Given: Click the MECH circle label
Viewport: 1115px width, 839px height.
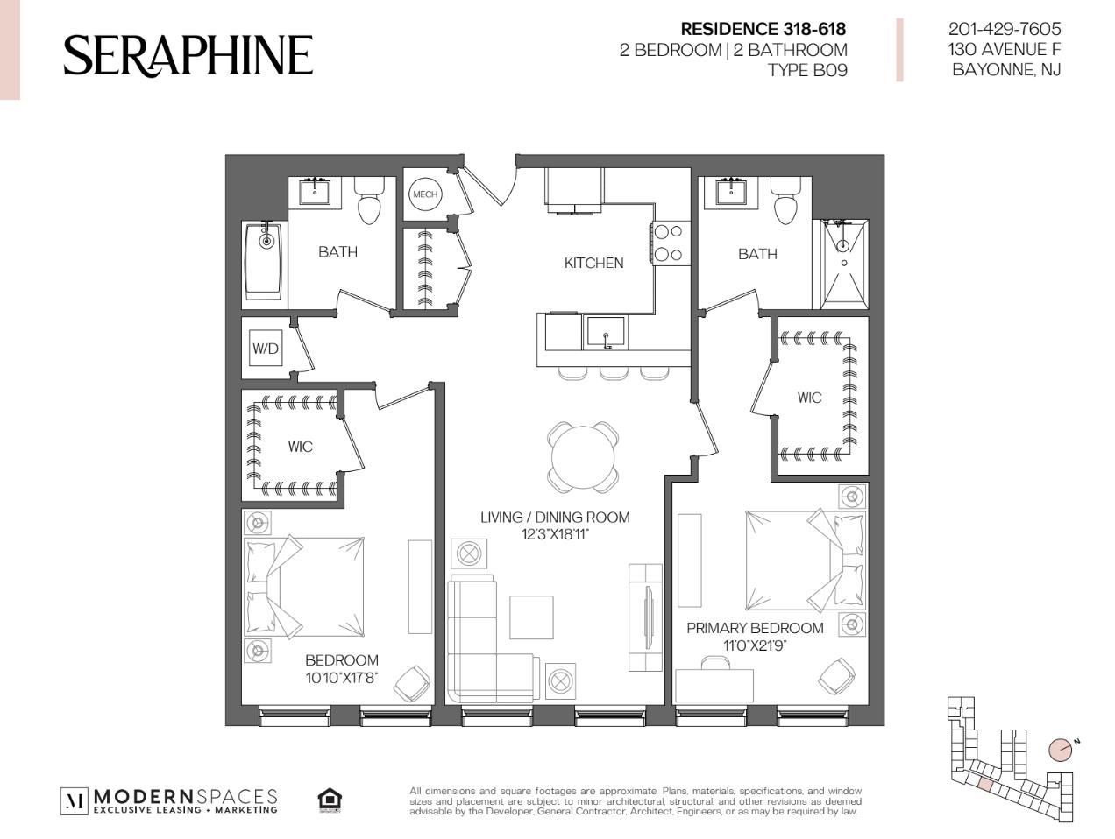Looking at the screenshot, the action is [x=424, y=194].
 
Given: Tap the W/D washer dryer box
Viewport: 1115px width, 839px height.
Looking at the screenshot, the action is [x=265, y=348].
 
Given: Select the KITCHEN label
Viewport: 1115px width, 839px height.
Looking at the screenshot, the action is [x=593, y=263].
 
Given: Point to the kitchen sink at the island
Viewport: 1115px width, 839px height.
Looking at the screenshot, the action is [x=605, y=333].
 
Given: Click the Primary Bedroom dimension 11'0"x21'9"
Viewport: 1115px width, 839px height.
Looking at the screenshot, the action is [x=755, y=645].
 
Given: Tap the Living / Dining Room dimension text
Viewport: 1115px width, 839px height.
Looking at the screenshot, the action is [x=555, y=534].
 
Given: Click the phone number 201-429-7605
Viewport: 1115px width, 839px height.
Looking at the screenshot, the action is [x=1005, y=29].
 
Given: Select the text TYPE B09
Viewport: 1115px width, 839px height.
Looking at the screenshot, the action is [x=807, y=70].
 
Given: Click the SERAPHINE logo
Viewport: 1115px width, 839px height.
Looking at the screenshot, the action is [x=188, y=56].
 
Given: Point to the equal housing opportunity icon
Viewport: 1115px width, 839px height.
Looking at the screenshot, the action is [x=330, y=801].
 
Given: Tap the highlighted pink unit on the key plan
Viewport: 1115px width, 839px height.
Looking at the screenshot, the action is [x=984, y=784].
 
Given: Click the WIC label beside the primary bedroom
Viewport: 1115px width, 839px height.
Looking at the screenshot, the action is [x=809, y=398].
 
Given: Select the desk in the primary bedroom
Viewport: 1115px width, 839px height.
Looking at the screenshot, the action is [x=714, y=685].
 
